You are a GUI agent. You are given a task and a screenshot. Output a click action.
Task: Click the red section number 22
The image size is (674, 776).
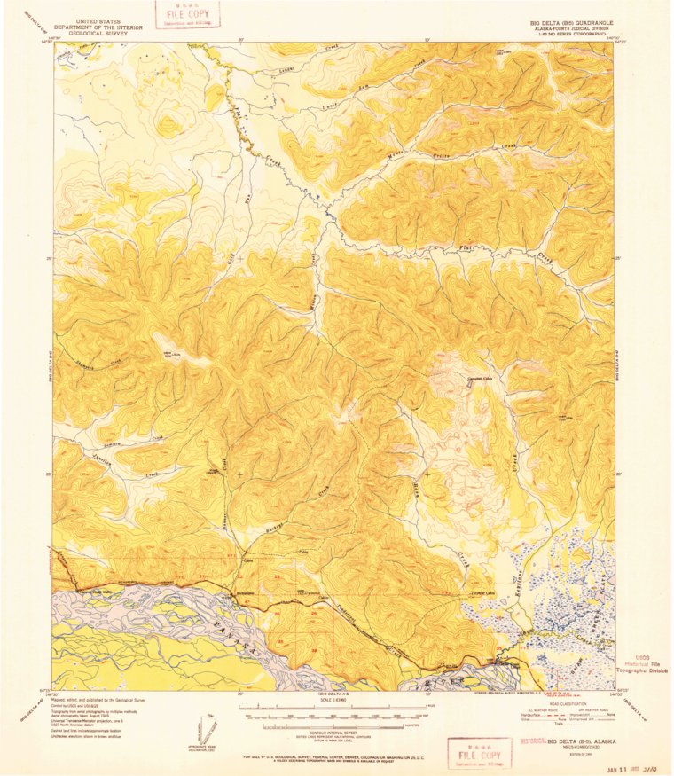pos(239,576)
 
